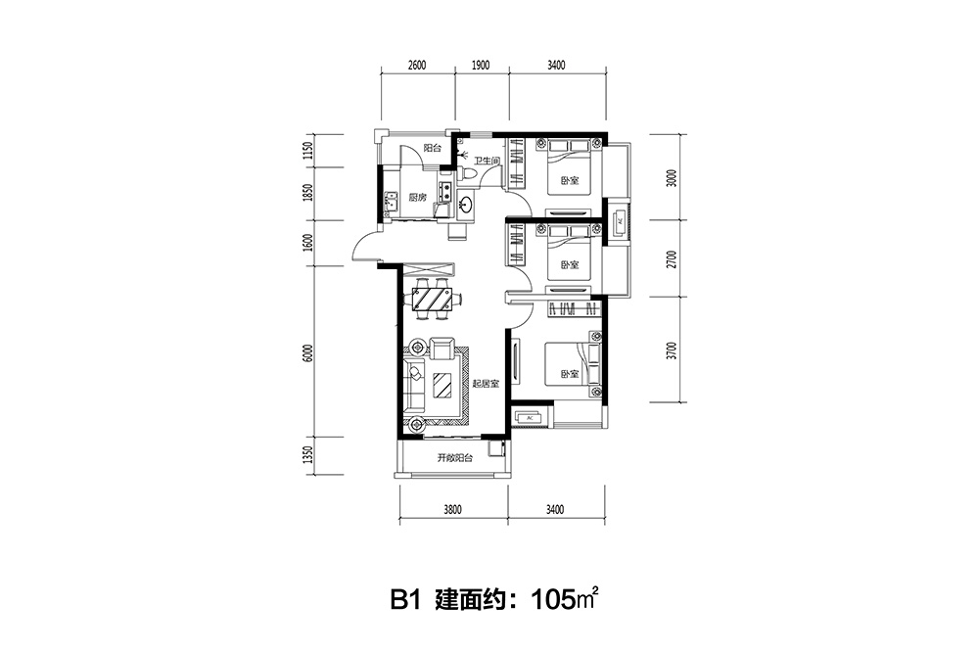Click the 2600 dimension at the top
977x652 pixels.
click(x=417, y=65)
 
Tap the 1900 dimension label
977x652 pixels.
click(x=481, y=65)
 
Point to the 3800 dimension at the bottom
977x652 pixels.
click(x=452, y=510)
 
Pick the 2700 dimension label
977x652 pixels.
click(x=671, y=259)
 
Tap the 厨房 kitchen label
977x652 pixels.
click(x=417, y=198)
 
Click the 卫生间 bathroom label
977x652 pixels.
click(x=486, y=162)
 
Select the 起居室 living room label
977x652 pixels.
click(x=486, y=384)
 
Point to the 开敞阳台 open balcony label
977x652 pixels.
click(x=454, y=458)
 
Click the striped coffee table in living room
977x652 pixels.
click(x=443, y=385)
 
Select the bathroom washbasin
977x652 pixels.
click(x=466, y=205)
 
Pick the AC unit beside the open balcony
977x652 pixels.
click(x=530, y=417)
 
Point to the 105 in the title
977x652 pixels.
click(x=551, y=601)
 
